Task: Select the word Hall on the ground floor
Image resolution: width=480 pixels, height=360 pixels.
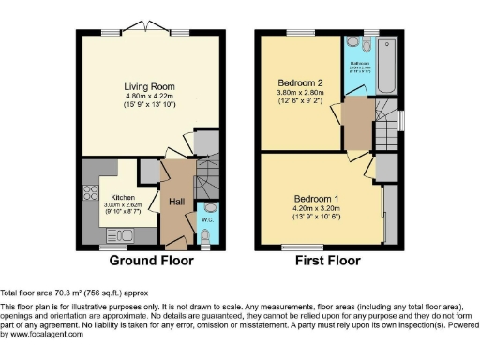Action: pyautogui.click(x=176, y=202)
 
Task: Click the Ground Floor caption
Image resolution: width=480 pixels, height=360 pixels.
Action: pyautogui.click(x=154, y=260)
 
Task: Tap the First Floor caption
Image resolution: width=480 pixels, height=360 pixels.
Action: pyautogui.click(x=328, y=260)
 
